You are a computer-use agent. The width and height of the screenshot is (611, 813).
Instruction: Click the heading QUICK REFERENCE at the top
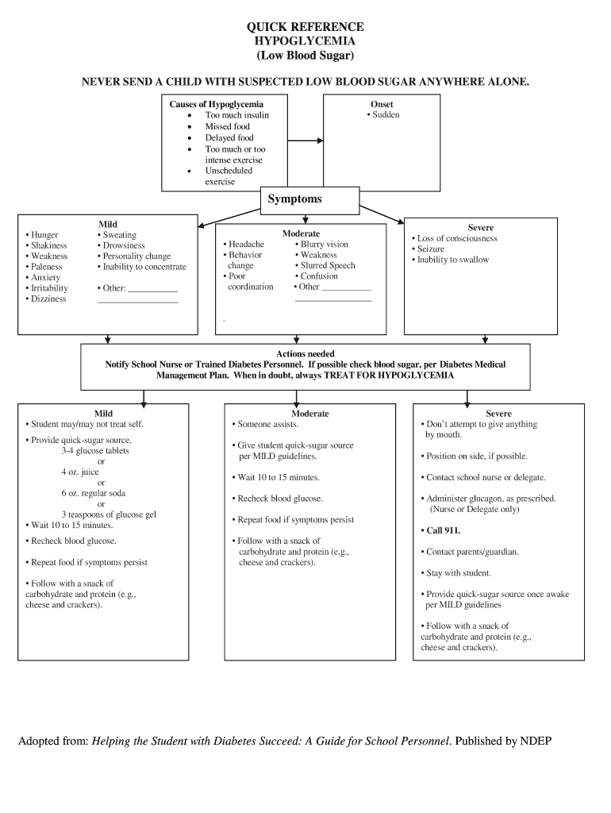(x=305, y=27)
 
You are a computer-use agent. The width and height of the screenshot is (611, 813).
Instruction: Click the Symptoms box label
(x=294, y=199)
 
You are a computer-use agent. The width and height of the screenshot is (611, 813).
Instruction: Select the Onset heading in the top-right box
(x=382, y=104)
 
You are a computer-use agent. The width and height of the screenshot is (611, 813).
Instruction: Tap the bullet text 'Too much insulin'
(x=236, y=115)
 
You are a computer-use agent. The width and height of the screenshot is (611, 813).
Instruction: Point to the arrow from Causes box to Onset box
(x=305, y=142)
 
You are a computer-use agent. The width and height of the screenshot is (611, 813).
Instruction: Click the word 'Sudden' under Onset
(x=385, y=115)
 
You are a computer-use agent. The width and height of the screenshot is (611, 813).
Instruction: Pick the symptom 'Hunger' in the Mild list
(x=44, y=236)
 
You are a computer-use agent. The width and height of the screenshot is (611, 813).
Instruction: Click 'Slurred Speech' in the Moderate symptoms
(x=327, y=266)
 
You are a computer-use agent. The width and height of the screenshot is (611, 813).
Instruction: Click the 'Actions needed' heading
(x=305, y=354)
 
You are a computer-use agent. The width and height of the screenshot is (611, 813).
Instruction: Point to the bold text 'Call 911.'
(x=443, y=530)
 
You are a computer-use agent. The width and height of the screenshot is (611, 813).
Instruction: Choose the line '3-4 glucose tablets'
(x=94, y=451)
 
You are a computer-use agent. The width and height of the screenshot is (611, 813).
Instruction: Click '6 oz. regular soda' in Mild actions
(x=93, y=494)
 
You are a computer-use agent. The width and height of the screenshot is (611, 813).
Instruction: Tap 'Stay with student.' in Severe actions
(x=458, y=573)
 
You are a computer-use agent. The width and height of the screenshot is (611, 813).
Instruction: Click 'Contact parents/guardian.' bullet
(x=471, y=552)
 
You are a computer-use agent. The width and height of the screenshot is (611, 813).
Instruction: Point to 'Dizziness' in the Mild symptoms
(x=48, y=299)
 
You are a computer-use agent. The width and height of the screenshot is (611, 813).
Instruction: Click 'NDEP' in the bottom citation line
(x=536, y=742)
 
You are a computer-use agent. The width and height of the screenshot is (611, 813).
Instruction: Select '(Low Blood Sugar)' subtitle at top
(x=305, y=56)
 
